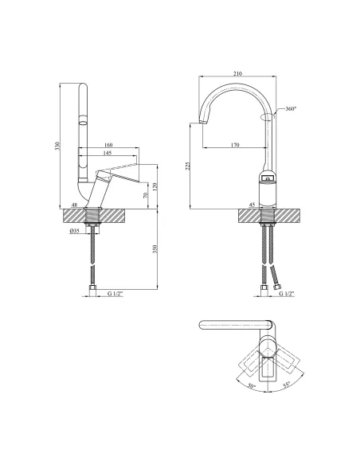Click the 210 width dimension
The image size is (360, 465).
point(237,73)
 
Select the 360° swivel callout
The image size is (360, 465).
point(291,108)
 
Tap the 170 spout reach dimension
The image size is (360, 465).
point(235,145)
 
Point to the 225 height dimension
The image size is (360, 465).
point(187,166)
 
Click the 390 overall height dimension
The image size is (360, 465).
point(58,146)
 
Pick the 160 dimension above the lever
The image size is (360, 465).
point(108,145)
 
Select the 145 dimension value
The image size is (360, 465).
point(108,153)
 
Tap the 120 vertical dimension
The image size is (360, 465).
point(155,186)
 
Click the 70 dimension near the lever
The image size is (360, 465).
point(146,195)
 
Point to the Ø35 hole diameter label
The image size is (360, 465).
point(74,231)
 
